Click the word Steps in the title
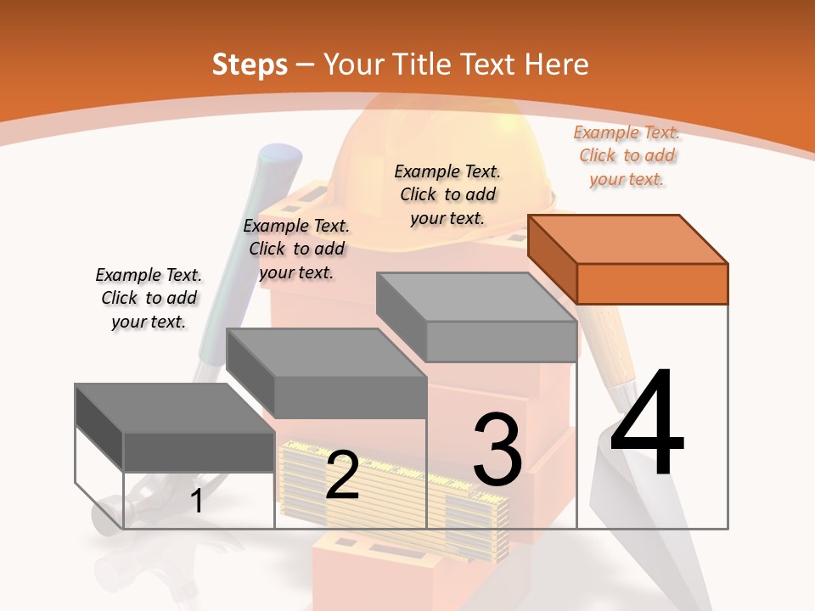click(x=250, y=64)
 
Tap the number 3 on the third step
click(x=497, y=450)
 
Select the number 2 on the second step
click(x=343, y=475)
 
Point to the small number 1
click(x=197, y=501)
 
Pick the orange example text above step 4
click(x=627, y=155)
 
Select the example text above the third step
click(x=447, y=194)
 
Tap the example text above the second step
click(x=296, y=249)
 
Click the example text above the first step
click(x=149, y=298)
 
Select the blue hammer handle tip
click(x=280, y=161)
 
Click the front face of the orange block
click(x=652, y=283)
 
